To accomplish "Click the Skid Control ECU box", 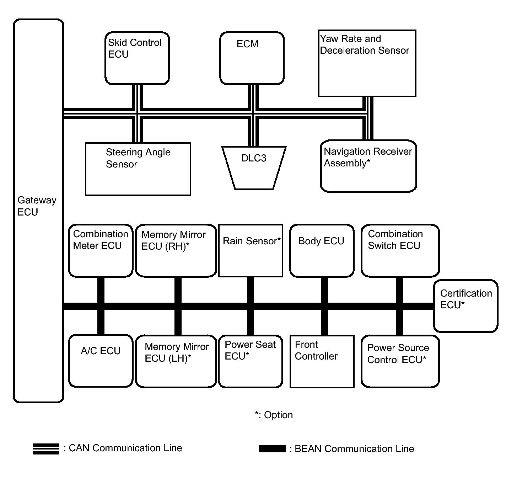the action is click(137, 58).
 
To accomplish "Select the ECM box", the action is click(252, 58).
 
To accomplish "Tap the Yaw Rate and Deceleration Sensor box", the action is click(367, 63).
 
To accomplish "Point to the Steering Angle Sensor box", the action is click(138, 169).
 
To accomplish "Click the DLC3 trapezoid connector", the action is click(254, 168).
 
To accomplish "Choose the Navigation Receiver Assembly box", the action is click(368, 166).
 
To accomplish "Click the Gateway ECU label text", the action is click(37, 206).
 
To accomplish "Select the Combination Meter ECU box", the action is click(101, 251).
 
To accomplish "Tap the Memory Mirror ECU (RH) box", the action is click(176, 251).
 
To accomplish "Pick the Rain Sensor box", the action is click(251, 251).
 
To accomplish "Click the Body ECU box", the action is click(322, 251).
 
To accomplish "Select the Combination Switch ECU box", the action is click(400, 251).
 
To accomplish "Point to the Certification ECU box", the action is click(466, 306).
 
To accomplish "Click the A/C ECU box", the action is click(101, 361).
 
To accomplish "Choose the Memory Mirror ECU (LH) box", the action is click(176, 361).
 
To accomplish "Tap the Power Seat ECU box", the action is click(251, 361).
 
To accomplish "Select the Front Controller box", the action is click(322, 362).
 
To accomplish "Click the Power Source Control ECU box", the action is click(400, 361).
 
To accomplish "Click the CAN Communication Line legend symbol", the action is click(46, 449).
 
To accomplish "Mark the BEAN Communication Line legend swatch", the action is click(272, 449).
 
